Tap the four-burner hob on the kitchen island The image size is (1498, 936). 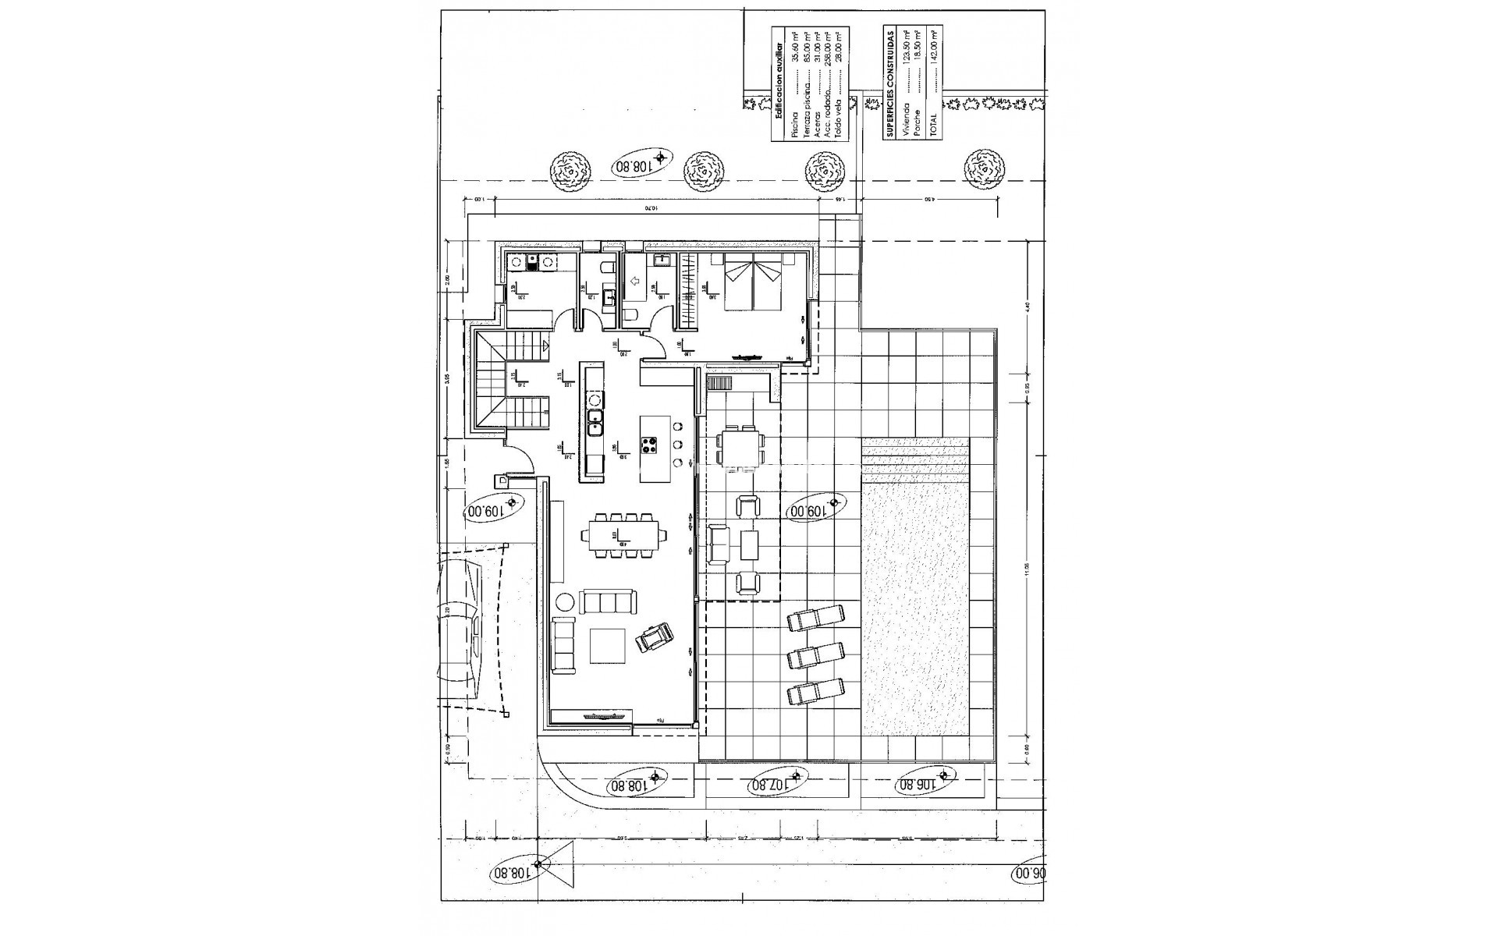coord(649,446)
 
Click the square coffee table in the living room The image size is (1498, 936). coord(608,645)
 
